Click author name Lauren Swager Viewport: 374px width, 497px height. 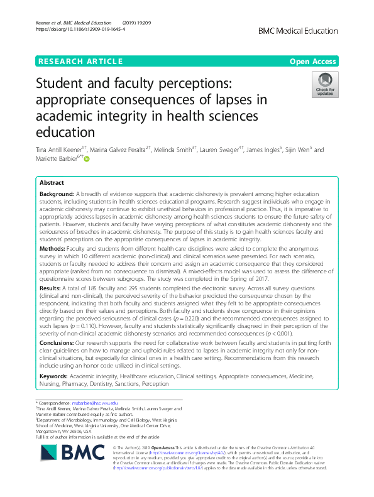(x=219, y=150)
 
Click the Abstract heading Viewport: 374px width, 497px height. (x=52, y=182)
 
